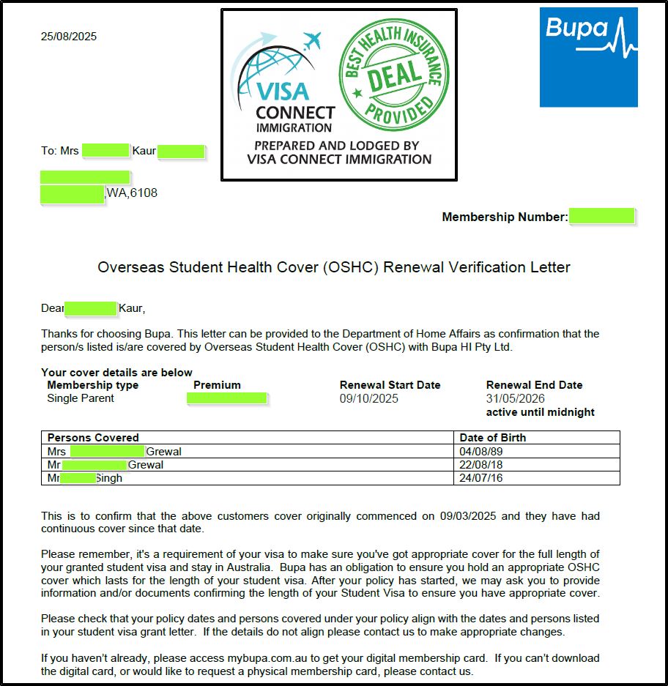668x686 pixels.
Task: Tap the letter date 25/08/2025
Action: pyautogui.click(x=69, y=37)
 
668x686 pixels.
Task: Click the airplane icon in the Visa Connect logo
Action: pyautogui.click(x=312, y=40)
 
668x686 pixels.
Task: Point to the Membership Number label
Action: pyautogui.click(x=505, y=217)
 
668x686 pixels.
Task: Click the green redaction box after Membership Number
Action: pyautogui.click(x=602, y=216)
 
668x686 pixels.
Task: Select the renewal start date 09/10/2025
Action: pyautogui.click(x=369, y=399)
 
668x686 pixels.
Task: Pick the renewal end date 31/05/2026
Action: pyautogui.click(x=516, y=399)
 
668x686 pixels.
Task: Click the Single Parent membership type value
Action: pyautogui.click(x=81, y=399)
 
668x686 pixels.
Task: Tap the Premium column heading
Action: pyautogui.click(x=217, y=385)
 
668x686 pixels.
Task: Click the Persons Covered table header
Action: pyautogui.click(x=93, y=438)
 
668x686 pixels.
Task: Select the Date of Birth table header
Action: pyautogui.click(x=492, y=438)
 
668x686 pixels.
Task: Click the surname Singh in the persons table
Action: pyautogui.click(x=108, y=478)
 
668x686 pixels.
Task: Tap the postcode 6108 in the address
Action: pyautogui.click(x=143, y=193)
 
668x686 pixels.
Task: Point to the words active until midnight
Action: pyautogui.click(x=541, y=412)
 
